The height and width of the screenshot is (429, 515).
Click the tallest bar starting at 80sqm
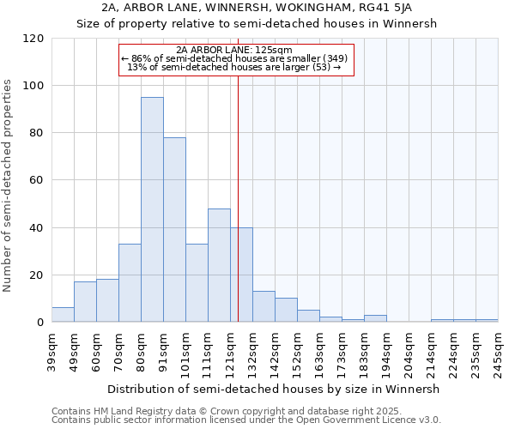152,209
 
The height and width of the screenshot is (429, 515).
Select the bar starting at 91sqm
174,230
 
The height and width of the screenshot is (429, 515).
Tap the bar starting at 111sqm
219,265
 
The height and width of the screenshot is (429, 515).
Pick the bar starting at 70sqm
130,283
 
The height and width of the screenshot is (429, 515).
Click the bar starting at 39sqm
63,315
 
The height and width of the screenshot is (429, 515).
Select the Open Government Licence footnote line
246,420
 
